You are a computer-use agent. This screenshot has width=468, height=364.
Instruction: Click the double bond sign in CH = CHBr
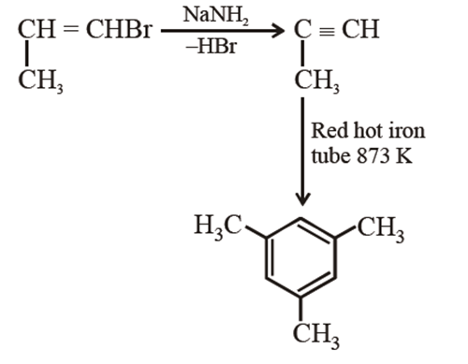pyautogui.click(x=69, y=30)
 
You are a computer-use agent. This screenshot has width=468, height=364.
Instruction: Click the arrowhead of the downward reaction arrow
pyautogui.click(x=302, y=199)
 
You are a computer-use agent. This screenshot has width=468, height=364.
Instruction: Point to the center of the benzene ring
pyautogui.click(x=300, y=260)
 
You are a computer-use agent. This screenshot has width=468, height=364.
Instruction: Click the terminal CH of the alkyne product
pyautogui.click(x=358, y=30)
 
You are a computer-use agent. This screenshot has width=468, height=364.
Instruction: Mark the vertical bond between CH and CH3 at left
pyautogui.click(x=24, y=56)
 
